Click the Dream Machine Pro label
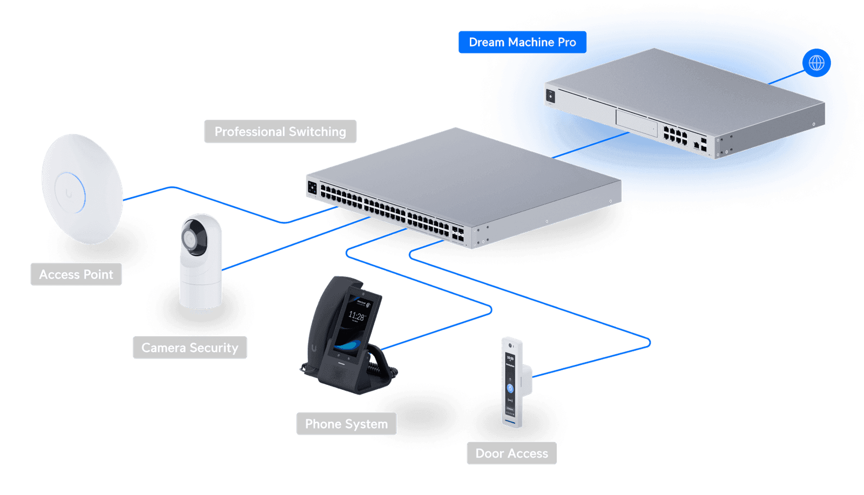tap(522, 42)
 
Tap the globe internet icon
tap(816, 63)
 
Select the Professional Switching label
tap(280, 132)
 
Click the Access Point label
tap(76, 275)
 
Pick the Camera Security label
tap(190, 348)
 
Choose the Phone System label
tap(346, 424)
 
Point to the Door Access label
tap(511, 454)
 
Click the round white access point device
tap(82, 189)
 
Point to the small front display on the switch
tap(312, 188)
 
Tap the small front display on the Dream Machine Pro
tap(550, 97)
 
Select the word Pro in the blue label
tap(566, 42)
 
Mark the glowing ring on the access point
tap(70, 193)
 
